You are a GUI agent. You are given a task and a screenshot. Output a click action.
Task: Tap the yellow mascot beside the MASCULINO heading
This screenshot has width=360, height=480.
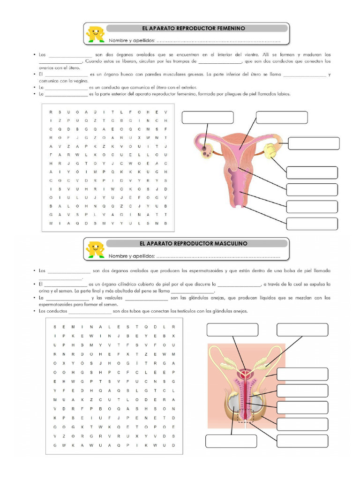[95, 249]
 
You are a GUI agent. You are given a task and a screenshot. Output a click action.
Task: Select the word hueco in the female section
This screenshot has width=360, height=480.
[122, 74]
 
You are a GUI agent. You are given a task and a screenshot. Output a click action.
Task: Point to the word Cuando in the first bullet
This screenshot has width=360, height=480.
[94, 61]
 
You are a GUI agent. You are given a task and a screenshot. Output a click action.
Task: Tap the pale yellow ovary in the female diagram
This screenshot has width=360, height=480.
[270, 150]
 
